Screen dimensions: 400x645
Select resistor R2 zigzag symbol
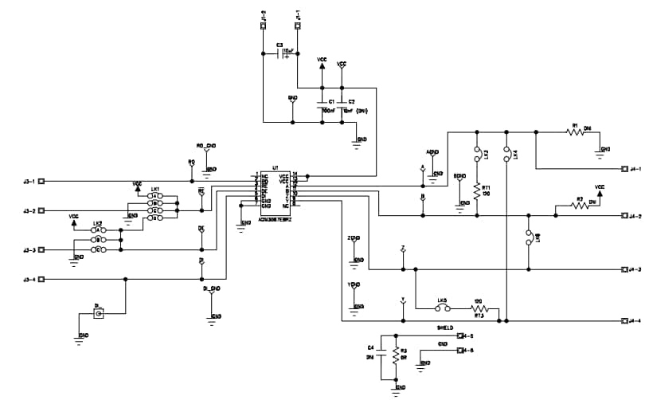tap(580, 206)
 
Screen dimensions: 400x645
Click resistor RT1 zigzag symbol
tap(477, 191)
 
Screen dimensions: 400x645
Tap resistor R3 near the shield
tap(395, 355)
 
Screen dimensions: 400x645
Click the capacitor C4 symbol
tap(381, 355)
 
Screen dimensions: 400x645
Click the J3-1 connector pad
tap(42, 181)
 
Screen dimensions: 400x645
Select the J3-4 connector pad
tap(42, 279)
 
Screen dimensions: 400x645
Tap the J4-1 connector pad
tap(623, 169)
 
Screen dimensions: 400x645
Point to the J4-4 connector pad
tap(623, 320)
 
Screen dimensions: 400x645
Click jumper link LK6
tap(529, 237)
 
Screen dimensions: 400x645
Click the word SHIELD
tap(444, 327)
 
